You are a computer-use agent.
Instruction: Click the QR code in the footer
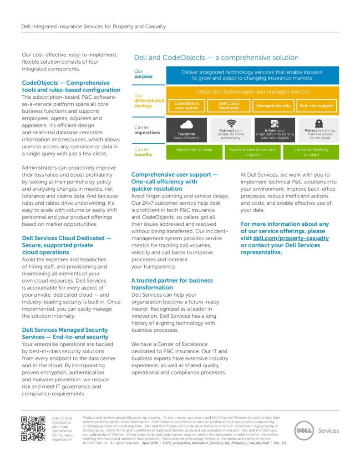pyautogui.click(x=34, y=429)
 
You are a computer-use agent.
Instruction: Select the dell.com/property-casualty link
pyautogui.click(x=291, y=238)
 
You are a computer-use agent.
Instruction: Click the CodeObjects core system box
pyautogui.click(x=187, y=106)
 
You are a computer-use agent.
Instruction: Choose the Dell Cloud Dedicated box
pyautogui.click(x=229, y=106)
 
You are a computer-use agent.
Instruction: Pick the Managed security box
pyautogui.click(x=273, y=106)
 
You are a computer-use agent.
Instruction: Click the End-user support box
pyautogui.click(x=316, y=106)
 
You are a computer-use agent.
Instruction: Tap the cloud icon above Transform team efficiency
pyautogui.click(x=187, y=125)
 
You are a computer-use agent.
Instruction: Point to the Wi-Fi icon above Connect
pyautogui.click(x=231, y=123)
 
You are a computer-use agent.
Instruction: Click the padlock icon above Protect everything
pyautogui.click(x=319, y=123)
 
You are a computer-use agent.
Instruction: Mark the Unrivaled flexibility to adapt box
pyautogui.click(x=311, y=152)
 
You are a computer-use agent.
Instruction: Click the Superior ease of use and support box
pyautogui.click(x=253, y=152)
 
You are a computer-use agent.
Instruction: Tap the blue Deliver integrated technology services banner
pyautogui.click(x=253, y=75)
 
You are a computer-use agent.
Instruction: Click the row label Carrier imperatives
pyautogui.click(x=147, y=130)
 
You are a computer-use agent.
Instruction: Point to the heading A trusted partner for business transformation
pyautogui.click(x=172, y=284)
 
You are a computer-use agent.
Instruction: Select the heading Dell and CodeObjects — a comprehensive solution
pyautogui.click(x=216, y=58)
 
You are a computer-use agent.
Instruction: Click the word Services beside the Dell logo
pyautogui.click(x=328, y=431)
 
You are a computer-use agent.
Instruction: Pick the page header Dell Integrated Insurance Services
pyautogui.click(x=93, y=26)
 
